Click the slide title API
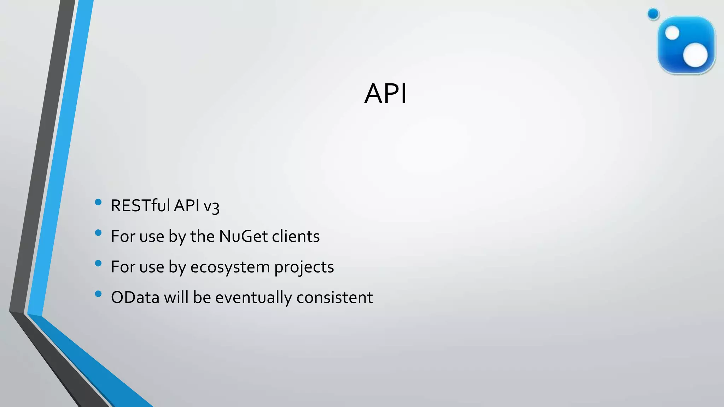(385, 94)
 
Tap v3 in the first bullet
(211, 206)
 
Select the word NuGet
(243, 236)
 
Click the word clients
(296, 236)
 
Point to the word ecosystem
(230, 267)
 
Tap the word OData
(135, 297)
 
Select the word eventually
(254, 297)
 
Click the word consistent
(334, 297)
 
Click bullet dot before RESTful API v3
(98, 202)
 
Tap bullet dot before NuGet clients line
(98, 233)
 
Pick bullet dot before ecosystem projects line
(98, 263)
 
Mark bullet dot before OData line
(98, 294)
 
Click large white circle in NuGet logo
(695, 55)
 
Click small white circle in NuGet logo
(672, 34)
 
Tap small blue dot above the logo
(653, 14)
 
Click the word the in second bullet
(202, 236)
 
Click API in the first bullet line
(187, 206)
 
